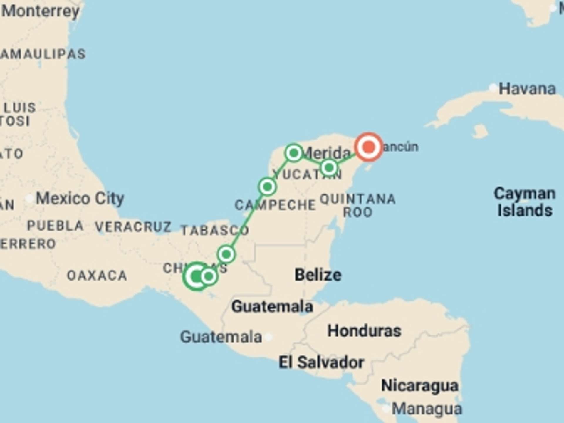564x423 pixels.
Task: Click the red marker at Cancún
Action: pos(369,147)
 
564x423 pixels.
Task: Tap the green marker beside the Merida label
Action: pos(293,153)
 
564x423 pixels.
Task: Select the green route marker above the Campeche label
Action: pos(267,187)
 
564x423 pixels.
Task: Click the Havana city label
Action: pos(527,89)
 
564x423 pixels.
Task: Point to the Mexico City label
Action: pos(80,199)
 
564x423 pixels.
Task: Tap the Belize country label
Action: pos(318,275)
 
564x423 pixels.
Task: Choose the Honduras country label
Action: pos(364,331)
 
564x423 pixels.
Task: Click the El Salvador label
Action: pos(321,362)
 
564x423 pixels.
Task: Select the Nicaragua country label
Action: pos(419,386)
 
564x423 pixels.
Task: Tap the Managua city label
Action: pos(427,409)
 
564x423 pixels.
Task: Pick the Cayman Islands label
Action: pos(525,202)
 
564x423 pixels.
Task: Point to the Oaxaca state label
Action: pos(97,276)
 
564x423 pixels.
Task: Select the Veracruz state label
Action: pos(133,227)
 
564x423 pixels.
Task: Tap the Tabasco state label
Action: pos(215,230)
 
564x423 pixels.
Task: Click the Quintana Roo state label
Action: pos(358,205)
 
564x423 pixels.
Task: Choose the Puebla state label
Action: pos(55,226)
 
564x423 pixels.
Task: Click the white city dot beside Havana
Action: pos(493,88)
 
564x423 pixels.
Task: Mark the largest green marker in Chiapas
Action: pos(196,276)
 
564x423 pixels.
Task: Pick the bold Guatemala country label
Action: pos(272,306)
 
